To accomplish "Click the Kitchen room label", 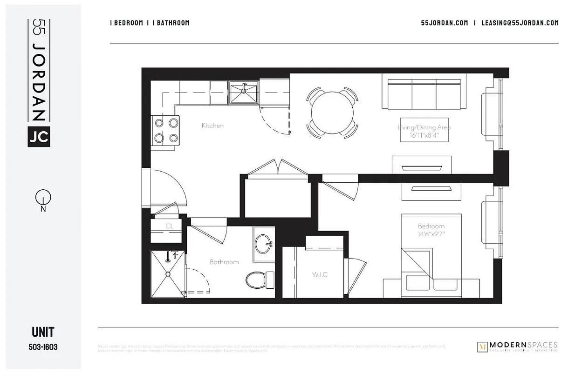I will [x=212, y=126].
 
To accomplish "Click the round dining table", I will [x=332, y=113].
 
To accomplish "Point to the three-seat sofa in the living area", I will [x=424, y=92].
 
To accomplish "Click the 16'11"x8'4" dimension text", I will [x=424, y=136].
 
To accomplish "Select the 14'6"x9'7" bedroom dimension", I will [x=431, y=234].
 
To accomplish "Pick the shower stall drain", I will [x=168, y=274].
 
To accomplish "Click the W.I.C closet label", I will [x=320, y=274].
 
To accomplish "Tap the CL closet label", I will [x=169, y=226].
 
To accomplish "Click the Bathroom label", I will [x=224, y=262].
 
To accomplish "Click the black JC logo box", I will [x=39, y=137].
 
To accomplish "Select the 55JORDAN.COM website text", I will [x=444, y=23].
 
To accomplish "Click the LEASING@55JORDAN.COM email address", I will [x=520, y=23].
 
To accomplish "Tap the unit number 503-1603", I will [x=43, y=347].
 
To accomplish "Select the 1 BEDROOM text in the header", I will [x=126, y=23].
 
